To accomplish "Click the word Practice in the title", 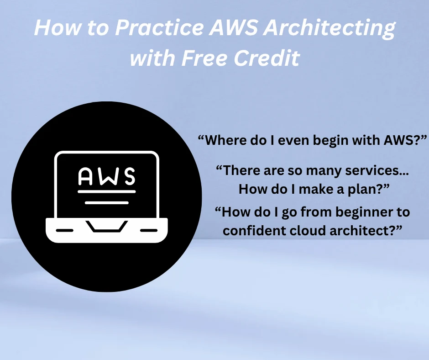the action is click(x=159, y=27).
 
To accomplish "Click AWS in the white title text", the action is click(x=233, y=27).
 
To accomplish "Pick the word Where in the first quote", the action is click(x=224, y=140).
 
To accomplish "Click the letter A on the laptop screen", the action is click(x=85, y=176).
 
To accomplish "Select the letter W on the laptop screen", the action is click(x=107, y=176).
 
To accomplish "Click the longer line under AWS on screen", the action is click(x=107, y=191).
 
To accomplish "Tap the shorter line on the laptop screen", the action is click(x=107, y=203).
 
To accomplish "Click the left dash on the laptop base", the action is click(x=64, y=230).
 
